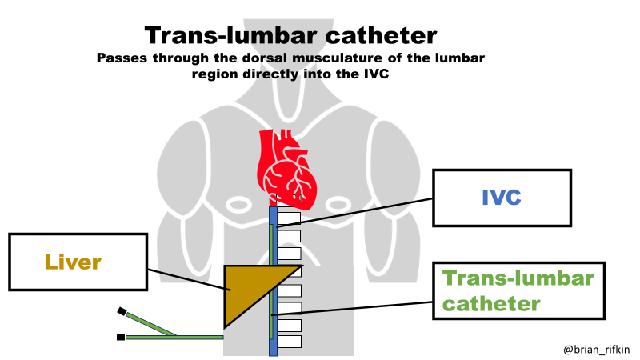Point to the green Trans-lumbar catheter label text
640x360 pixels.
(x=519, y=290)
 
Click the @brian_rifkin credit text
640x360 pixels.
(x=597, y=349)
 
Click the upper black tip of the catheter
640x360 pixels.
(x=122, y=310)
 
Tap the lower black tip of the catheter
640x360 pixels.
(x=120, y=338)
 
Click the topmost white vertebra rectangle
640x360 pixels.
(x=288, y=218)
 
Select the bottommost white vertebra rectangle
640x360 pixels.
(x=289, y=342)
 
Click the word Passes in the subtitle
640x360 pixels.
(x=121, y=58)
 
